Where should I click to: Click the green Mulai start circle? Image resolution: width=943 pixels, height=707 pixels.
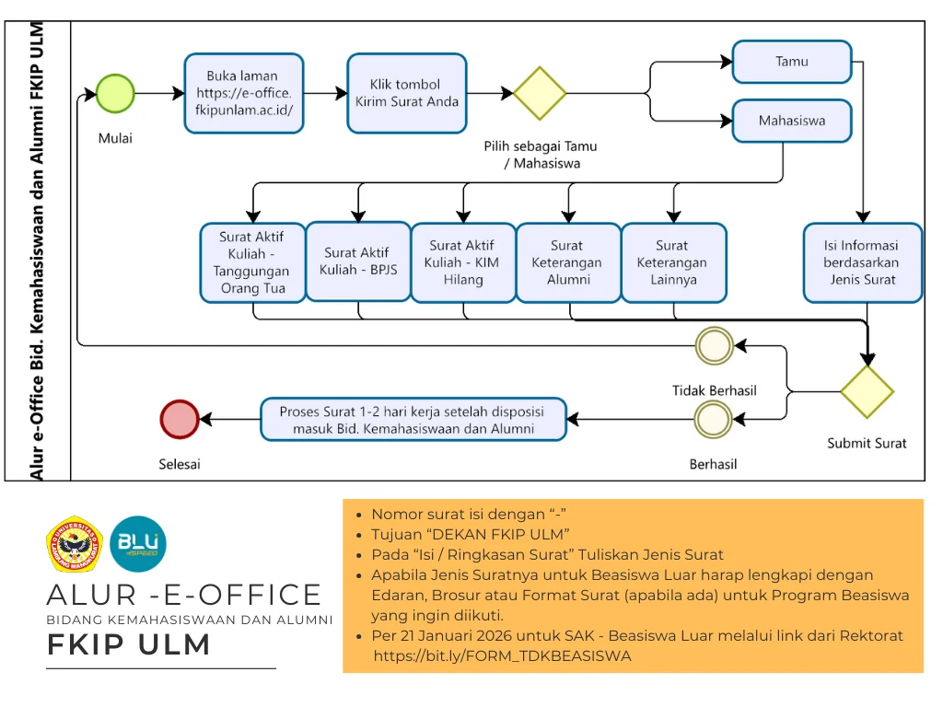click(x=115, y=93)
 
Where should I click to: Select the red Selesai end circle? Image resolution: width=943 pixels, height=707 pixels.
click(x=180, y=420)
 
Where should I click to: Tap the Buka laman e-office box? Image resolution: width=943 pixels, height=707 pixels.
click(x=243, y=93)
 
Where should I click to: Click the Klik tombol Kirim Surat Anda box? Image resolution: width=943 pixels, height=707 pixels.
click(x=407, y=93)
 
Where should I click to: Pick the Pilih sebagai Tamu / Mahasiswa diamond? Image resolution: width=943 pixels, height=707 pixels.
click(x=540, y=93)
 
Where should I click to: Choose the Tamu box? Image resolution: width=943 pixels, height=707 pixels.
click(x=792, y=62)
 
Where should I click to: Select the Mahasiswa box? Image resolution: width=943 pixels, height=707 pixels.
click(x=792, y=121)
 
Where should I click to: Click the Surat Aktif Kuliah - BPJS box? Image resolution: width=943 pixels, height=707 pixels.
click(x=357, y=261)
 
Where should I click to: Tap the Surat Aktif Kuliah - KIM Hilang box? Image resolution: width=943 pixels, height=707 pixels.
click(x=462, y=262)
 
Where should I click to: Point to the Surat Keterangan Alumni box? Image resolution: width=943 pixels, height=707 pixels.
click(x=567, y=262)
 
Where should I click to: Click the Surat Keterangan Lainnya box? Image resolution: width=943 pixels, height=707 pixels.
click(x=672, y=262)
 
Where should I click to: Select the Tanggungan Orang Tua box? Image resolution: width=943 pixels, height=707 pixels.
click(x=252, y=262)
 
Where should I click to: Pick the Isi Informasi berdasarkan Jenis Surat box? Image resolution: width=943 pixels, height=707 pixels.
click(x=862, y=262)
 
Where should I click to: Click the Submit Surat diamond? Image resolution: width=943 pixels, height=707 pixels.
click(x=867, y=391)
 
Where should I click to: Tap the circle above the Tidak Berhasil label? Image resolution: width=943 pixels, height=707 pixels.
click(x=715, y=346)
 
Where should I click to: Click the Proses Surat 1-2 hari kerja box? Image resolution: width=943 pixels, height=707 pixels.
click(x=413, y=420)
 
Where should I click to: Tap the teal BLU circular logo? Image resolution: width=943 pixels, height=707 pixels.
click(x=138, y=543)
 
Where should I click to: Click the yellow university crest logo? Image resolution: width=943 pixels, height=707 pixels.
click(x=75, y=544)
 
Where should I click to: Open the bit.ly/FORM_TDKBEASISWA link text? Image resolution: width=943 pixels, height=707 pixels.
click(x=502, y=656)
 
